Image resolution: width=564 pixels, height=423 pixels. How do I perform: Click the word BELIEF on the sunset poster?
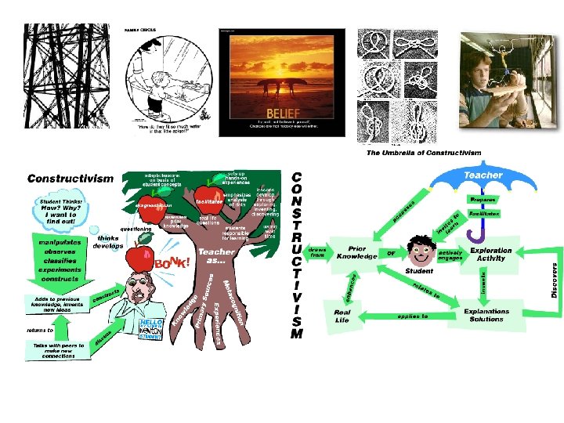(280, 111)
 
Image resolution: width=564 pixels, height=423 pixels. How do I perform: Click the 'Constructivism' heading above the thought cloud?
(70, 179)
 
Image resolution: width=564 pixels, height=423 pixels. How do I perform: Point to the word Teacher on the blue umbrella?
(484, 175)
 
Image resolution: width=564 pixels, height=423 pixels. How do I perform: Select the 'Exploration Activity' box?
(490, 255)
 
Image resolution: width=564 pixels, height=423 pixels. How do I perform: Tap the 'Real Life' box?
(342, 316)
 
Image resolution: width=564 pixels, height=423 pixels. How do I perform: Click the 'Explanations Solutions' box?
(486, 315)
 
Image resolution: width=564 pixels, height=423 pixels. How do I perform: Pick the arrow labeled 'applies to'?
(414, 316)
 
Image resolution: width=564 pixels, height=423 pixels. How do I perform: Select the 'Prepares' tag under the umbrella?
(484, 200)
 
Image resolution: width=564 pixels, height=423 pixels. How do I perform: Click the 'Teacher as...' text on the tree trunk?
(216, 257)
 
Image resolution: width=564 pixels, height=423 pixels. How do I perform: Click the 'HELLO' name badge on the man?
(152, 326)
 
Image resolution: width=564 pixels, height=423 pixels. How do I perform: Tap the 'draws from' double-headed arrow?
(317, 251)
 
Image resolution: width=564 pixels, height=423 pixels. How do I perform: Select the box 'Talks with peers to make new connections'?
(57, 350)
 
